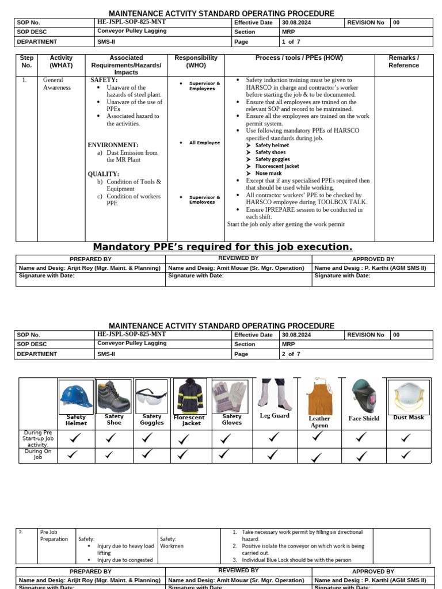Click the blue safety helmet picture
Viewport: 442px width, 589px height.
[x=76, y=396]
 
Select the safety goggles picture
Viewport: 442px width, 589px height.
[x=151, y=396]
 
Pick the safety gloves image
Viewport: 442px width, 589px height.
[x=231, y=396]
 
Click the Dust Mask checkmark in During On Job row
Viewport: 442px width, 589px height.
[x=406, y=455]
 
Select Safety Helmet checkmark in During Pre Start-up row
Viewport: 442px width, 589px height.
[x=75, y=438]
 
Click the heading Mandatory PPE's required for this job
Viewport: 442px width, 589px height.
[x=223, y=247]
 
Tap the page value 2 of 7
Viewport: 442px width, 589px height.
[x=291, y=354]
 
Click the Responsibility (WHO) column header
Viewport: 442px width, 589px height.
[x=196, y=62]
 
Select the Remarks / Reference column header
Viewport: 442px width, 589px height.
[x=403, y=62]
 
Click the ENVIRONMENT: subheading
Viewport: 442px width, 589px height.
[x=113, y=145]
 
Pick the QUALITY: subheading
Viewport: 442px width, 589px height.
[x=104, y=174]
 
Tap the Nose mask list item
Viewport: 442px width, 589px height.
[x=268, y=173]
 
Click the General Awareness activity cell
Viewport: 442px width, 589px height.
[x=56, y=84]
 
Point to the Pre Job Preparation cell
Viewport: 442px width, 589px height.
[x=54, y=536]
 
